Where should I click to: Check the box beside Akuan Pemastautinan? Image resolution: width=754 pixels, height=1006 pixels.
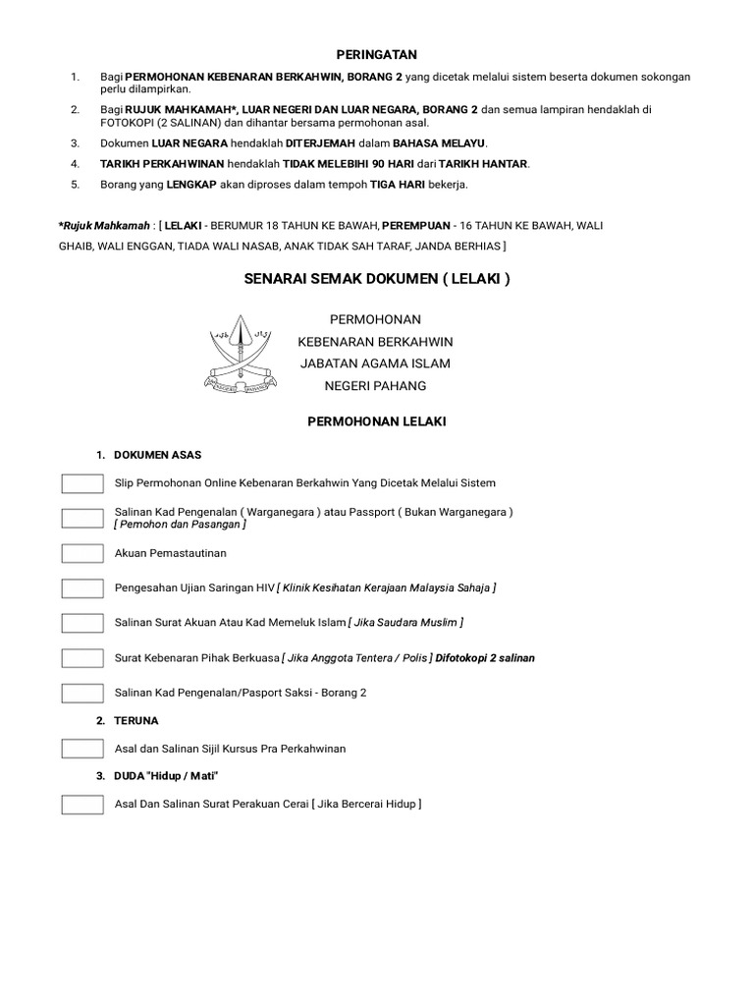[82, 553]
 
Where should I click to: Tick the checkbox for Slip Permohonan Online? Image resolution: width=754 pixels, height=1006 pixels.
[82, 482]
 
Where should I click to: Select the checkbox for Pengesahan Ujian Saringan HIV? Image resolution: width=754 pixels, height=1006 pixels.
[82, 587]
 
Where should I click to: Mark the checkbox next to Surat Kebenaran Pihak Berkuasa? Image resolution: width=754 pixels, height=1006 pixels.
[82, 657]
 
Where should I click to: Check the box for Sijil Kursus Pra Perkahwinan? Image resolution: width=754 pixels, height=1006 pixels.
[82, 749]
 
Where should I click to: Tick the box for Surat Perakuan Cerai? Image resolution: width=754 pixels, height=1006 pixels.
[82, 805]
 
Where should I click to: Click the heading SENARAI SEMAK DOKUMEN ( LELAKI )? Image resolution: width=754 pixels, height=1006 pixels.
[377, 279]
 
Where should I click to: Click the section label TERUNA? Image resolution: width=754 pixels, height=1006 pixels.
[135, 720]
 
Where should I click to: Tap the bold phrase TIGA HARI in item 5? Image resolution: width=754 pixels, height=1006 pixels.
[384, 185]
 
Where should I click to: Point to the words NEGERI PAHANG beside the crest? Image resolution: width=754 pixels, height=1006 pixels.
[377, 386]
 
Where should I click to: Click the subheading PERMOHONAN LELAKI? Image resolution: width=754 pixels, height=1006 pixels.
[377, 420]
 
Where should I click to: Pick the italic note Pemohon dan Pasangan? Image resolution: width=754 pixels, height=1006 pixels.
[180, 525]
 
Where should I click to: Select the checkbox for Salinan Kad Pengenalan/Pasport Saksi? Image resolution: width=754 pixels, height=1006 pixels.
[82, 693]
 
